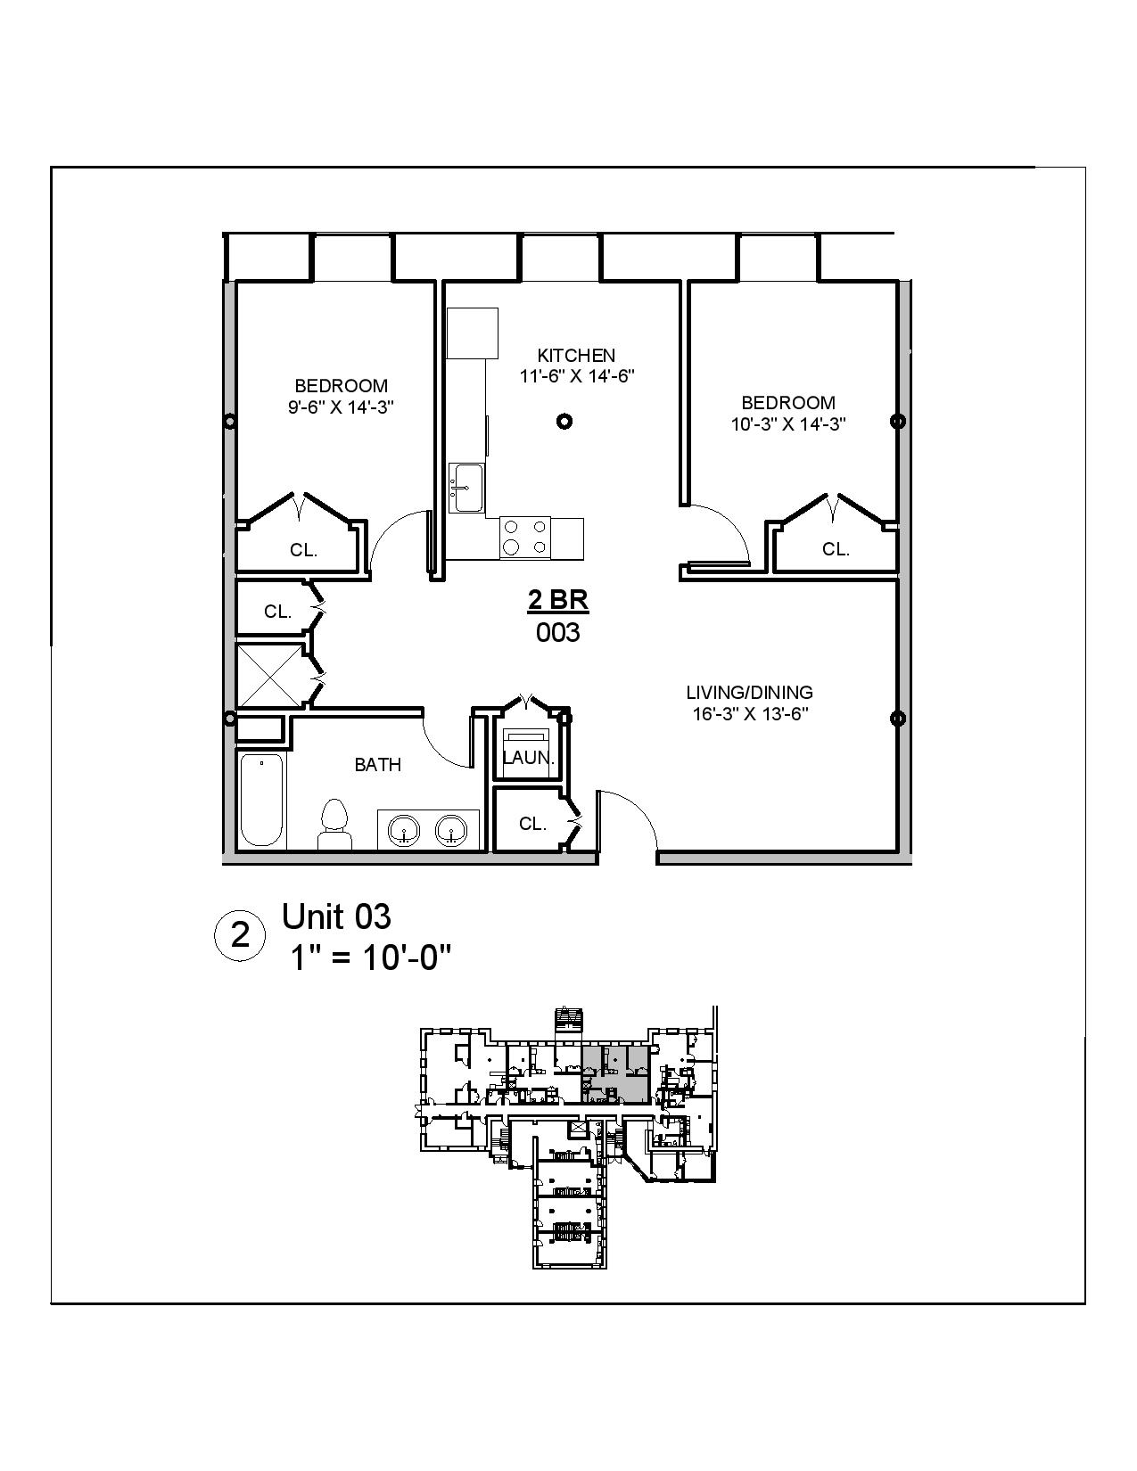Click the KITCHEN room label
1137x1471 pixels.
click(x=576, y=355)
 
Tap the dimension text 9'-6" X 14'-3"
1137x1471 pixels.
click(x=341, y=407)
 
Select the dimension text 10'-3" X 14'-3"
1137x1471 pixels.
click(x=788, y=424)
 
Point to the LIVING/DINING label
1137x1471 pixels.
click(x=749, y=692)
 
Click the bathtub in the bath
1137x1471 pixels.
click(x=261, y=800)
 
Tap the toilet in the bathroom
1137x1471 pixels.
click(x=334, y=825)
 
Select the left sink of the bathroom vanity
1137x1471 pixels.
click(x=404, y=830)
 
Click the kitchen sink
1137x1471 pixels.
click(x=466, y=488)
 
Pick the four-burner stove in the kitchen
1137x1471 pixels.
click(x=525, y=538)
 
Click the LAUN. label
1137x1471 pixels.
click(x=529, y=759)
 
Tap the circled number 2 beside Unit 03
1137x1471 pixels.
click(x=241, y=936)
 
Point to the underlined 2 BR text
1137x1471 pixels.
click(x=558, y=601)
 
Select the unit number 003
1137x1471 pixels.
click(x=558, y=633)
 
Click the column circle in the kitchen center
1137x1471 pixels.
click(x=564, y=422)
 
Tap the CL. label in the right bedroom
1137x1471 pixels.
click(x=836, y=549)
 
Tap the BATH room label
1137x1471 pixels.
click(x=378, y=765)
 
